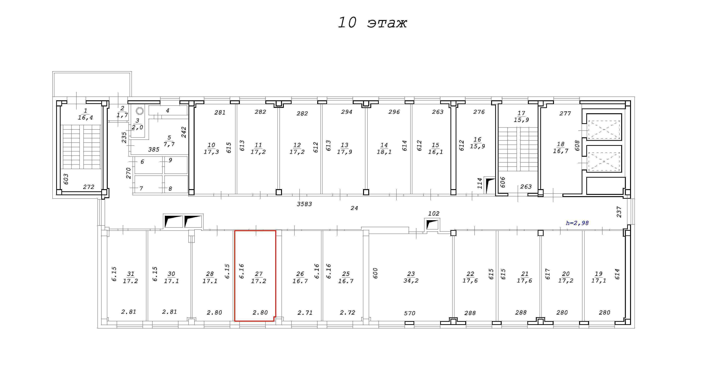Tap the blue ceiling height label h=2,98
(577, 223)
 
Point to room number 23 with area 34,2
(411, 277)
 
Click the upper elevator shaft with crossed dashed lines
(604, 130)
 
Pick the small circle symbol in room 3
(140, 111)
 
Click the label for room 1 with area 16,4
(85, 114)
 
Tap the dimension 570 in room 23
(410, 313)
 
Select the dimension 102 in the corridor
(434, 213)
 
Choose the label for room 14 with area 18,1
(384, 148)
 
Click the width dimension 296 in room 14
(394, 112)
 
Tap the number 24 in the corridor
(354, 208)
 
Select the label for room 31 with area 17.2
(130, 277)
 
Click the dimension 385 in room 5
(154, 150)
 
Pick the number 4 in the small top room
(168, 111)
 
